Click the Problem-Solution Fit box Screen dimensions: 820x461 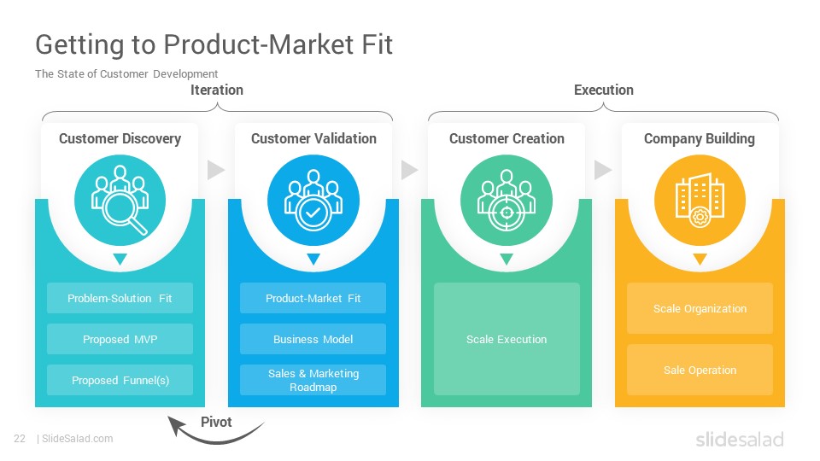pyautogui.click(x=120, y=298)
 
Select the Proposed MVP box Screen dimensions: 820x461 pyautogui.click(x=120, y=339)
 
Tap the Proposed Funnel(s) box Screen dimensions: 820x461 pyautogui.click(x=120, y=380)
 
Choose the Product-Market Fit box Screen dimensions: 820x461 pyautogui.click(x=313, y=298)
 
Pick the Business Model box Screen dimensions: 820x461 pyautogui.click(x=313, y=339)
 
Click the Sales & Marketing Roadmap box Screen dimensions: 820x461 pyautogui.click(x=313, y=380)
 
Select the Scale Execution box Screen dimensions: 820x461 pyautogui.click(x=507, y=339)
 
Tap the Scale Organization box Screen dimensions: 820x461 pyautogui.click(x=700, y=308)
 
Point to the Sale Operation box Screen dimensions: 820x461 pyautogui.click(x=700, y=370)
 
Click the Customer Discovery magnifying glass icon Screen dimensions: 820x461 pyautogui.click(x=120, y=200)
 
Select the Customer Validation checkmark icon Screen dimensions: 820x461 pyautogui.click(x=313, y=200)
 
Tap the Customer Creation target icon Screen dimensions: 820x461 pyautogui.click(x=507, y=200)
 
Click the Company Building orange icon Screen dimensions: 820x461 pyautogui.click(x=700, y=200)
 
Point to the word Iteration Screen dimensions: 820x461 pyautogui.click(x=216, y=90)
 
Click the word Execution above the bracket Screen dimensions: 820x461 pyautogui.click(x=604, y=90)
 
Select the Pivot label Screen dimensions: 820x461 pyautogui.click(x=216, y=422)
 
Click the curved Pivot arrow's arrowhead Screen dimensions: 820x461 pyautogui.click(x=175, y=424)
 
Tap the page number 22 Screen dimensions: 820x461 pyautogui.click(x=20, y=439)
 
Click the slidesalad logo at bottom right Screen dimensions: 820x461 pyautogui.click(x=740, y=439)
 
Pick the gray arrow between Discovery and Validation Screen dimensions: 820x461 pyautogui.click(x=216, y=170)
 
